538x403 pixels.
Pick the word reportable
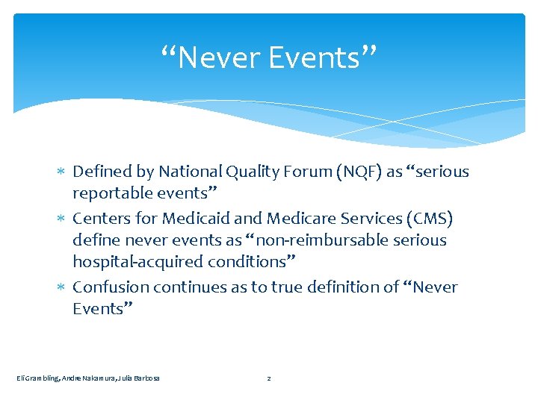(109, 193)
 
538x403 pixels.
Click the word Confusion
(106, 287)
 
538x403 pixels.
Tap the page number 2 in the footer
(269, 378)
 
